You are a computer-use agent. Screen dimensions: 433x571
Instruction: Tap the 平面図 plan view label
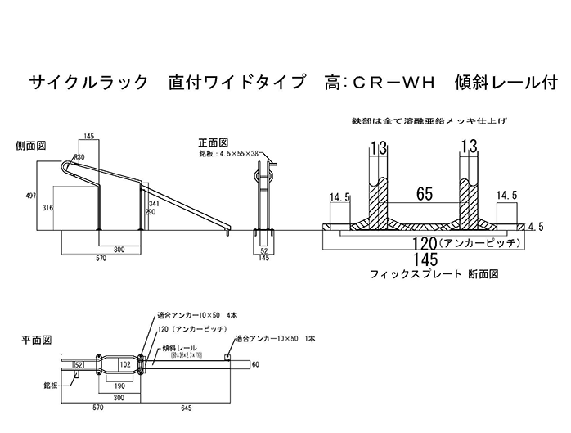coord(37,337)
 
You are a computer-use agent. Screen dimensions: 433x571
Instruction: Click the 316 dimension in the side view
coord(47,209)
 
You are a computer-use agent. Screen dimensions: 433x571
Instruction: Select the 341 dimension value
coord(152,204)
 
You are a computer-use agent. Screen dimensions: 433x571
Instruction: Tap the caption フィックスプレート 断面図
coord(434,274)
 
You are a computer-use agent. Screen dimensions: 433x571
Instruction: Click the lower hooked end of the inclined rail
coord(227,234)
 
